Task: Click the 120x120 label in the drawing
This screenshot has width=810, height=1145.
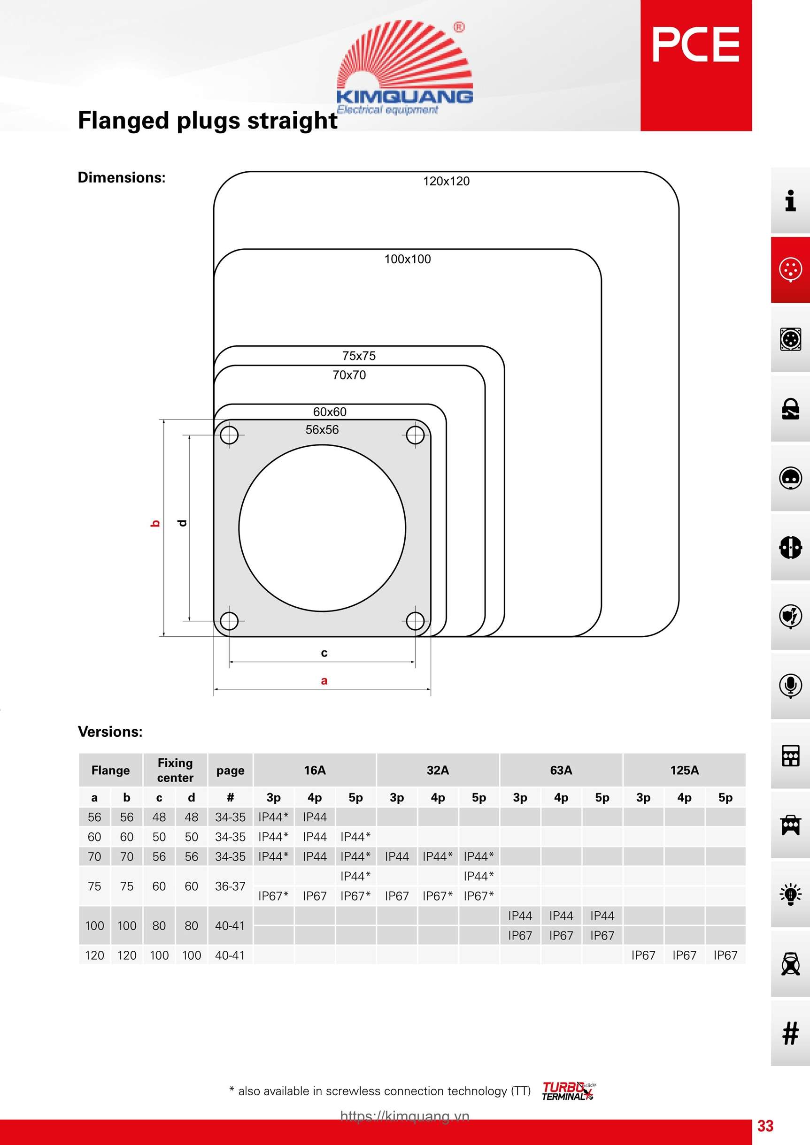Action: pos(446,181)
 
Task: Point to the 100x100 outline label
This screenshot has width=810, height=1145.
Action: pos(407,259)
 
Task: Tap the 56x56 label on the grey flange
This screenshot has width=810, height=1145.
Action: pos(322,429)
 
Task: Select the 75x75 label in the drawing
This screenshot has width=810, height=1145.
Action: pos(359,356)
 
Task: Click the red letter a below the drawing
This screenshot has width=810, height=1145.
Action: pos(324,680)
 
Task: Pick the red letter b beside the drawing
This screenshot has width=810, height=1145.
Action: pos(155,523)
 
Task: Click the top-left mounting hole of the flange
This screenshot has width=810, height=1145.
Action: pos(229,435)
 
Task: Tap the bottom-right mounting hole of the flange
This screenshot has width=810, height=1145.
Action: pos(415,621)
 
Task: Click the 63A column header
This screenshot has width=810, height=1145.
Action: pos(561,770)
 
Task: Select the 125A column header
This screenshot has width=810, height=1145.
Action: pos(684,770)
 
